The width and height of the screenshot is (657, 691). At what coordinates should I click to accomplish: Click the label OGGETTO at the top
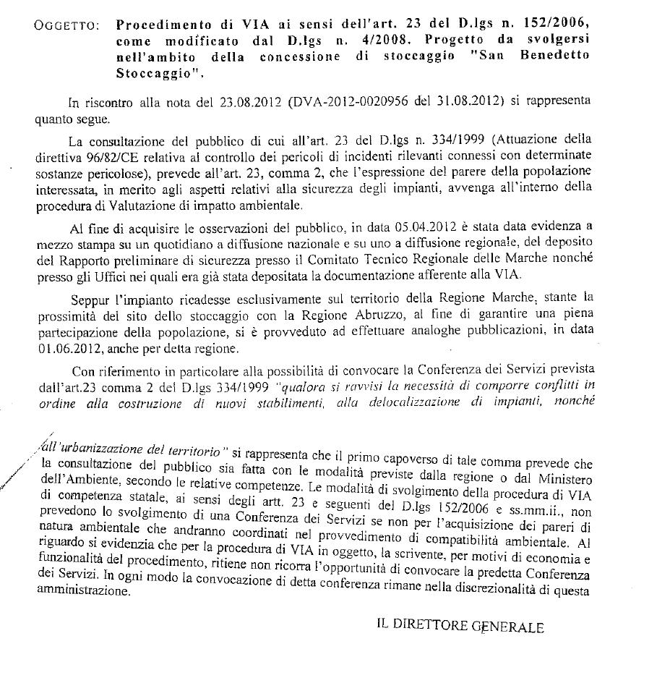tap(66, 26)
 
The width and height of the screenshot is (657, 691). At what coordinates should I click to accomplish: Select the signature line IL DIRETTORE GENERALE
tap(460, 627)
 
